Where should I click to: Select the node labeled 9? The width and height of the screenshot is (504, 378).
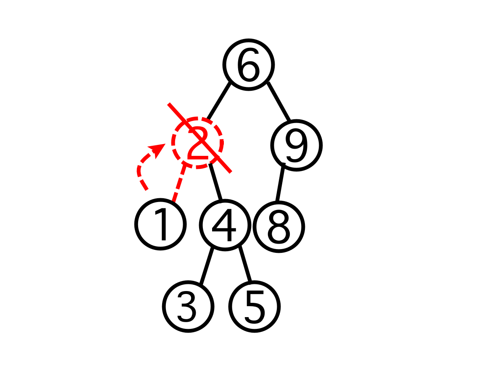(x=297, y=145)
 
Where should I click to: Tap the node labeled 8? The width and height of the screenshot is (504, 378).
(x=278, y=227)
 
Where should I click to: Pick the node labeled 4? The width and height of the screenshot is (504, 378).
(x=225, y=226)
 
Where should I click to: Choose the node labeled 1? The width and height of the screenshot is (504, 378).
(x=160, y=225)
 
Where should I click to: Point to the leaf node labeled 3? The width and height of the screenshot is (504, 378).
(x=188, y=307)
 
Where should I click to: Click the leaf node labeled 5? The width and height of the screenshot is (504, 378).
(x=255, y=307)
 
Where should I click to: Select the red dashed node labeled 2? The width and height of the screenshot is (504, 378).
(x=197, y=143)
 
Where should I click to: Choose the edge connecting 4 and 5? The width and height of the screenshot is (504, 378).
(x=245, y=265)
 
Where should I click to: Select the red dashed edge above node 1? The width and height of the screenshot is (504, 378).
(x=178, y=183)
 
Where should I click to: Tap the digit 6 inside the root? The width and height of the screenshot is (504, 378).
(x=249, y=66)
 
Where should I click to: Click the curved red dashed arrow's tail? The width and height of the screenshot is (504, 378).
(x=146, y=189)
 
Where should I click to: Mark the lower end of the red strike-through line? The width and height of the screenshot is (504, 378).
(x=230, y=171)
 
